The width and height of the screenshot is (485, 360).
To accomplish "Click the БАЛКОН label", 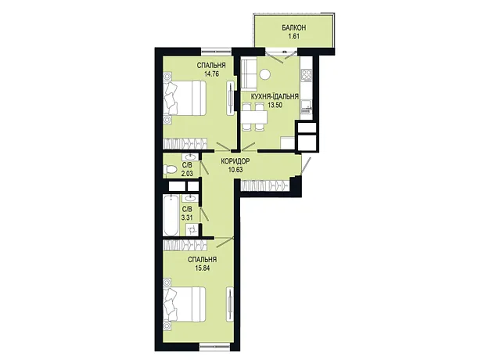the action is pos(294,28).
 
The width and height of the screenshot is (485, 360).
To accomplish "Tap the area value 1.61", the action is pos(294,36).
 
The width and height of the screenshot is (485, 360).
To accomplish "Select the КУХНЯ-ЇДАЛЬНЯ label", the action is pos(275,96).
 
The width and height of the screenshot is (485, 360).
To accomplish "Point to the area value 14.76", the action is pos(211,74).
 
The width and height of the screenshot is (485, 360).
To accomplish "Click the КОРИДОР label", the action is pos(235,161).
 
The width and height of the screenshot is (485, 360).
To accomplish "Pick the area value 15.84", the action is pos(203,268).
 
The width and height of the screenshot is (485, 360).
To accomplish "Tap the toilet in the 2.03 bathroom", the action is pos(170,169).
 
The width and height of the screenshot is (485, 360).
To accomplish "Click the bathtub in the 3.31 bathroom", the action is pos(171,215).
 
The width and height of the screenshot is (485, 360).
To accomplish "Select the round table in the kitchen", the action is pos(265,74).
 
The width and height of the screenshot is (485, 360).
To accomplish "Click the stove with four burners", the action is pos(306,74).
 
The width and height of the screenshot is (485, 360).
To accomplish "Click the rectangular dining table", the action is pos(254,117).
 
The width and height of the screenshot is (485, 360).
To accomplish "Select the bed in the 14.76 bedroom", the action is pos(185,98).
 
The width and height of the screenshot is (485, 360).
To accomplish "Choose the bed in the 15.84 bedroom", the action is pos(185,304).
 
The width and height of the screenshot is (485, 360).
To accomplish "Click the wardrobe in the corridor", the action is pos(264,185).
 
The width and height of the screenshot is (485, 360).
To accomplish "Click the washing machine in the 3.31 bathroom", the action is pos(192,230).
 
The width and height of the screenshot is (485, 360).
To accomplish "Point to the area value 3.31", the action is pos(187,218).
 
